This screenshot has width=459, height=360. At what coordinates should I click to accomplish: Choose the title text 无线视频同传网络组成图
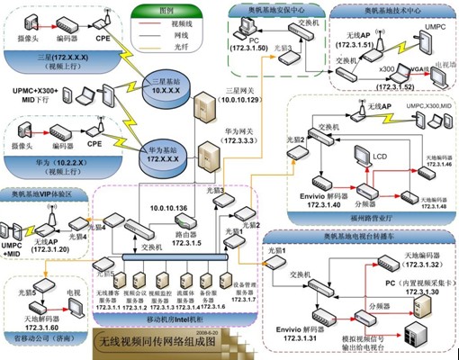[x=160, y=340]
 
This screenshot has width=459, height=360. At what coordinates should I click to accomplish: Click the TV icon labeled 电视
[x=75, y=298]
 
